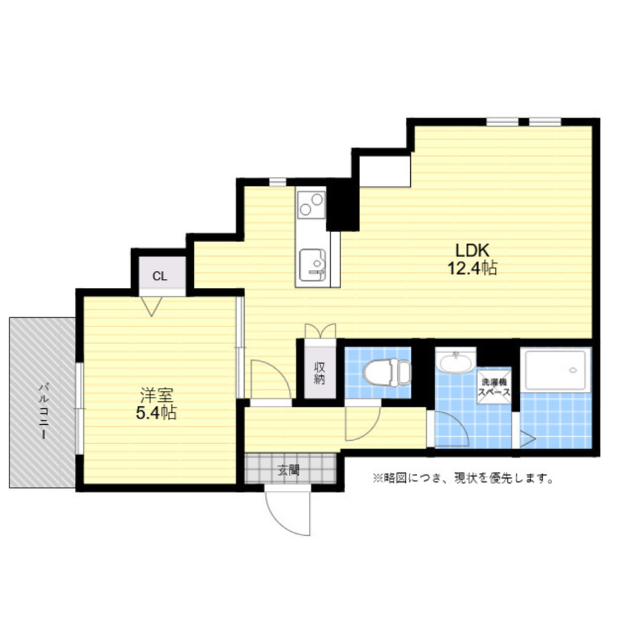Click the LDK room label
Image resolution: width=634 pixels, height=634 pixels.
(x=472, y=250)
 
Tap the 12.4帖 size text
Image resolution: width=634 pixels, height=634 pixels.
(x=472, y=268)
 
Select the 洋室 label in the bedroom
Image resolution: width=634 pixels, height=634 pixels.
(x=157, y=395)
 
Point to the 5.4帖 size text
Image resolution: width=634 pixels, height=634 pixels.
(x=156, y=413)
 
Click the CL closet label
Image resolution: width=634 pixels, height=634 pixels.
(x=160, y=276)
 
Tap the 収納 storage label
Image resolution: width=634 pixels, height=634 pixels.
(x=320, y=372)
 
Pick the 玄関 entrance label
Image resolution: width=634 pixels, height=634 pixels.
(x=288, y=470)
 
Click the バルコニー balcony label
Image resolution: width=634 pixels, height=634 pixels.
(x=43, y=411)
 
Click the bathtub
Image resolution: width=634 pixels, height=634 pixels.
(x=555, y=371)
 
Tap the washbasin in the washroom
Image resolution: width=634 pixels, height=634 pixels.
(x=455, y=363)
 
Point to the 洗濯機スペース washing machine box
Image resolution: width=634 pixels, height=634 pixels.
(x=494, y=386)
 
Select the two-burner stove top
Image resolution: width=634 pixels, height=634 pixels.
(x=311, y=205)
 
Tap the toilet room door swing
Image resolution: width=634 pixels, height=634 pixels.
(x=363, y=422)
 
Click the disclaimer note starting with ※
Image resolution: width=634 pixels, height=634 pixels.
(x=463, y=478)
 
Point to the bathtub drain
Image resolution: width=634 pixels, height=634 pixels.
(x=572, y=370)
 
